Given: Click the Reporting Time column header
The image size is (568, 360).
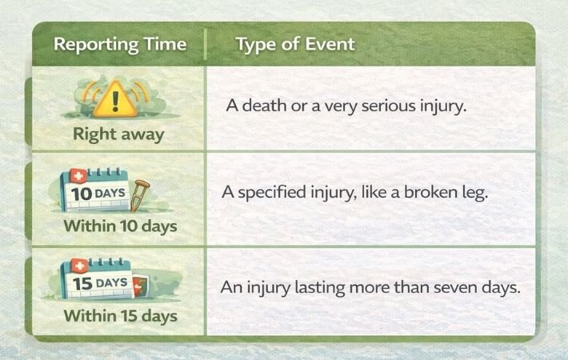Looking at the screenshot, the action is point(120,45).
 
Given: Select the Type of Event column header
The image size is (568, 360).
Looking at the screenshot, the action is point(295,45).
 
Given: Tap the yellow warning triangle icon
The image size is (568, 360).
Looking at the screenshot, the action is point(115,99).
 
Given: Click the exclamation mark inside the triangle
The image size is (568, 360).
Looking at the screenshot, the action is point(115,101).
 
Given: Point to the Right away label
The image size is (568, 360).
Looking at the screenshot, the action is point(118,134).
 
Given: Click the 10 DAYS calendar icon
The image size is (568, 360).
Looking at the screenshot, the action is point(95,190).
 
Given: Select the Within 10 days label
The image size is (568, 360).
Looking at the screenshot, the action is point(120,226).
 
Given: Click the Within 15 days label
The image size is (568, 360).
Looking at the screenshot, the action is point(120,316).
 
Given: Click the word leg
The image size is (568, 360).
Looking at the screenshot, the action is point(474,193).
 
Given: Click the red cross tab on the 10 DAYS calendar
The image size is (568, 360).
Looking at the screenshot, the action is point(78,176).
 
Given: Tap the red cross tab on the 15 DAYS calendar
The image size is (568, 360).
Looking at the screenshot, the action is point(80,266).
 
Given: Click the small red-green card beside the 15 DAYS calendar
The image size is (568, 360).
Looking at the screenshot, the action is point(141,286).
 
